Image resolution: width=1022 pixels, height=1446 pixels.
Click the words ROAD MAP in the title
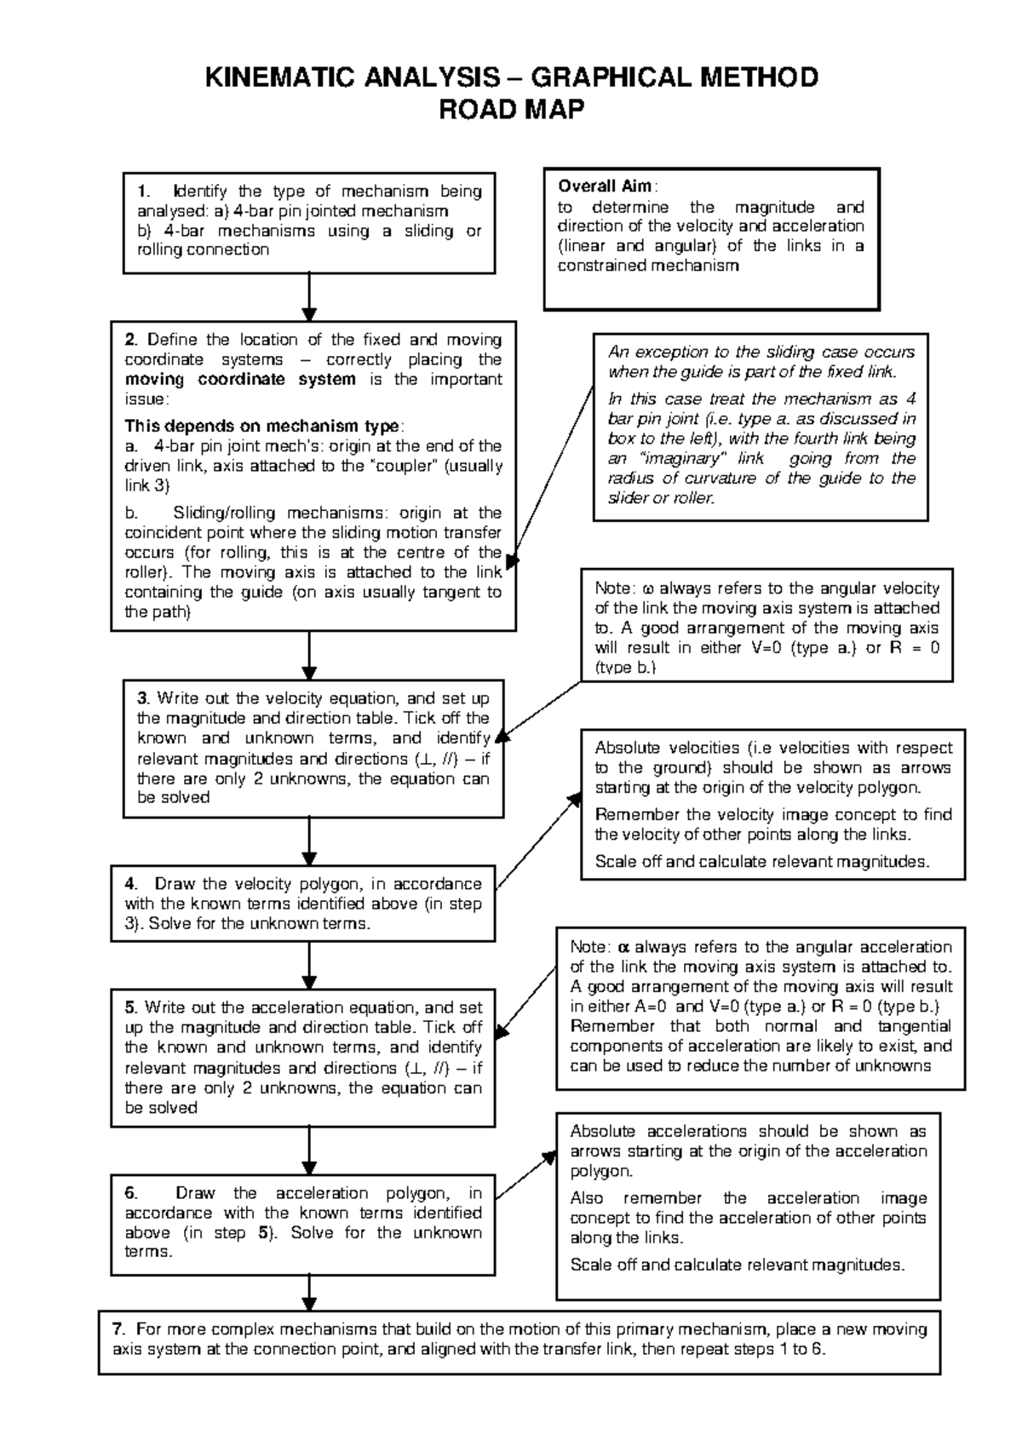point(511,110)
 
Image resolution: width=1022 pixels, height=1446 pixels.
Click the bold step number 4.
point(130,883)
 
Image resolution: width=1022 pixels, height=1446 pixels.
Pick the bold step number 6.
point(130,1192)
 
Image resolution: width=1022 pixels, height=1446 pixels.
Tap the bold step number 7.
point(118,1329)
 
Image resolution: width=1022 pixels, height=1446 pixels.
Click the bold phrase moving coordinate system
point(240,380)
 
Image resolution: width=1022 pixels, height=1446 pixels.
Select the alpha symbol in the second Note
point(623,947)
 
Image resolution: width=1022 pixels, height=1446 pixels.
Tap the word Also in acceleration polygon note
point(587,1198)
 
